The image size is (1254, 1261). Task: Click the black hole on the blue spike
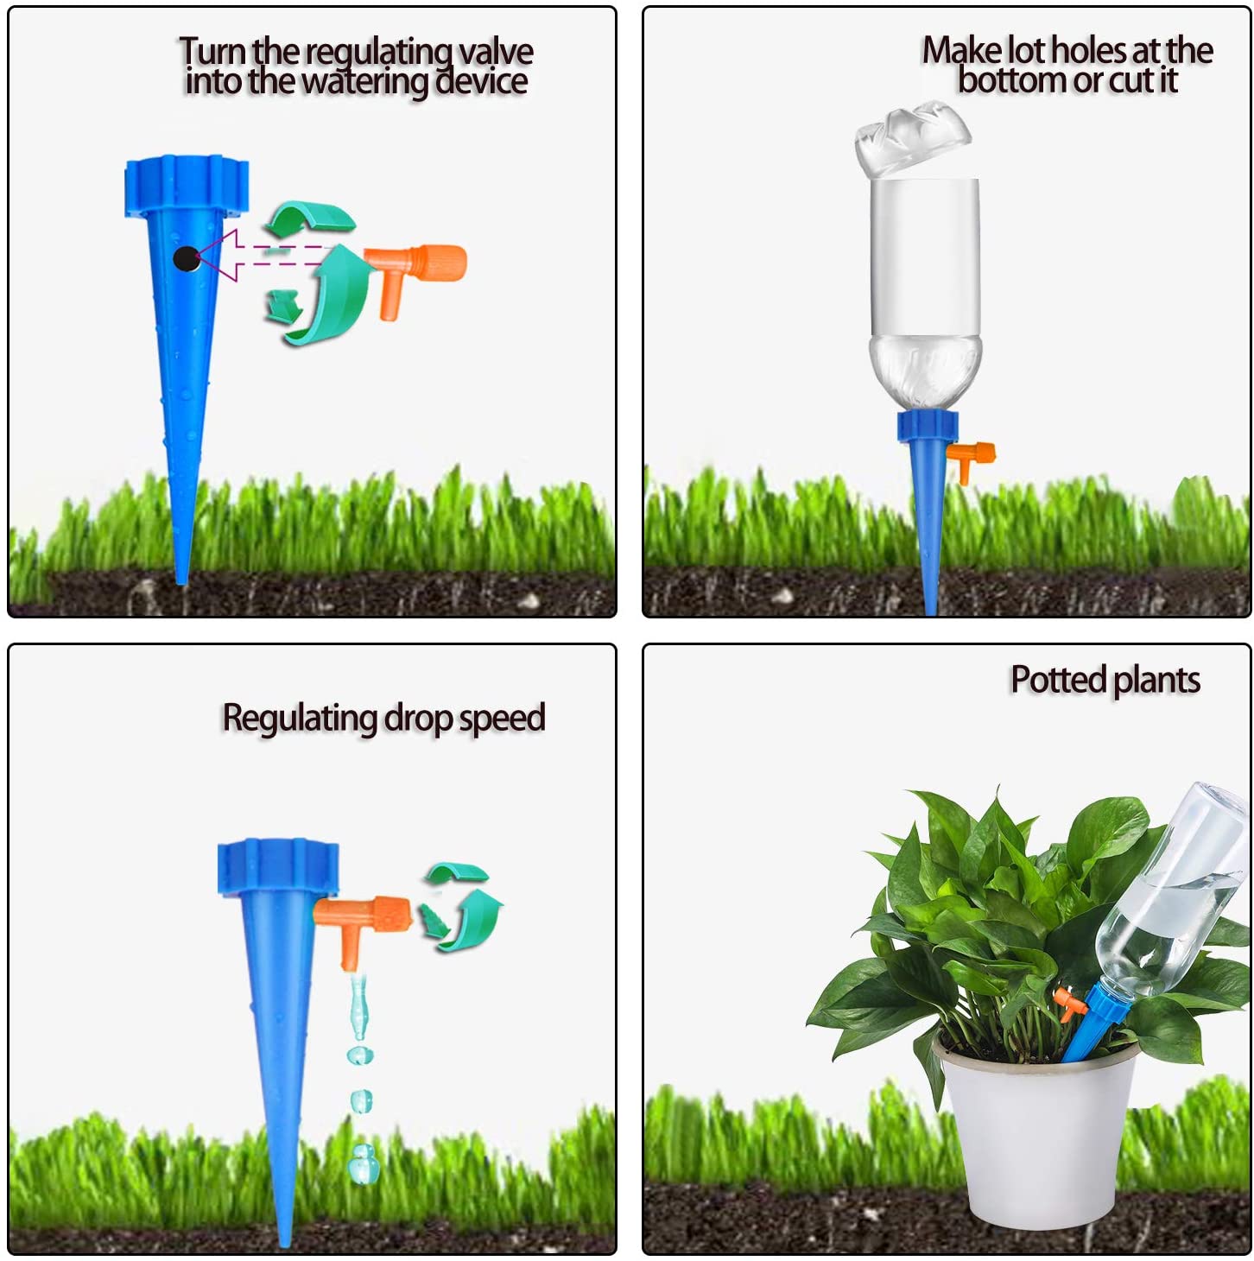pos(186,258)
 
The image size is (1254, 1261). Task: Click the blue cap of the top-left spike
pos(187,184)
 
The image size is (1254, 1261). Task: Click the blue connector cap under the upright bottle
pos(927,426)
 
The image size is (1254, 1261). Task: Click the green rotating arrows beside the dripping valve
pos(461,907)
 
